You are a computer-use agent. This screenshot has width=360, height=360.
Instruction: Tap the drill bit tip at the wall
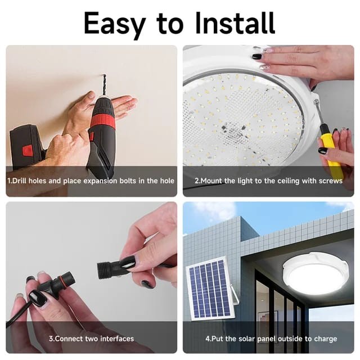click(104, 75)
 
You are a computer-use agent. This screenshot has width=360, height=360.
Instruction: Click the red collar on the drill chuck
click(101, 120)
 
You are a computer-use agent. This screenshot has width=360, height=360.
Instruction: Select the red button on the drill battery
click(27, 150)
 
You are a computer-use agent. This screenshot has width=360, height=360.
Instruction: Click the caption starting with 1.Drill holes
click(91, 181)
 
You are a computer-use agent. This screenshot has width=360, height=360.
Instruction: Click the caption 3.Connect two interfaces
click(91, 339)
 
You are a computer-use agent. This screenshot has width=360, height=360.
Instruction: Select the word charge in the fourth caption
click(326, 339)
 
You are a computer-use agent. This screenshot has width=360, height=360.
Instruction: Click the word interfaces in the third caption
click(116, 339)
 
